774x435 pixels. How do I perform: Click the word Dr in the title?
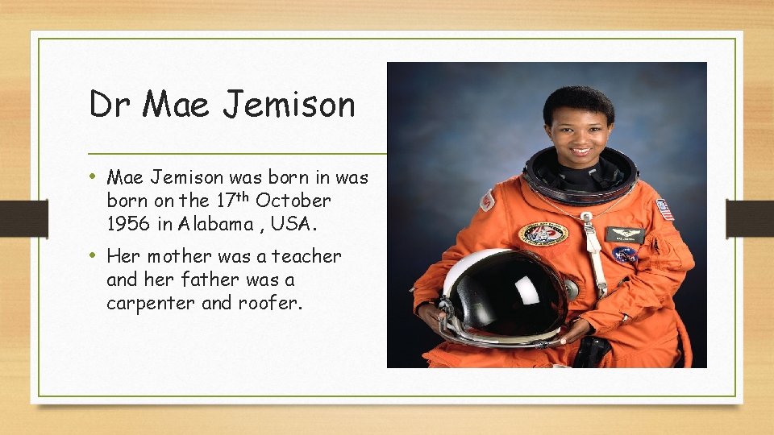[x=110, y=105]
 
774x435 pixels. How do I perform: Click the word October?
[x=293, y=200]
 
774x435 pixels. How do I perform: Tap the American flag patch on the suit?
[x=664, y=209]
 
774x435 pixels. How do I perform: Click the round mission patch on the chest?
[x=543, y=233]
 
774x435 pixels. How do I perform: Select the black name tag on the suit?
[x=625, y=234]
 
